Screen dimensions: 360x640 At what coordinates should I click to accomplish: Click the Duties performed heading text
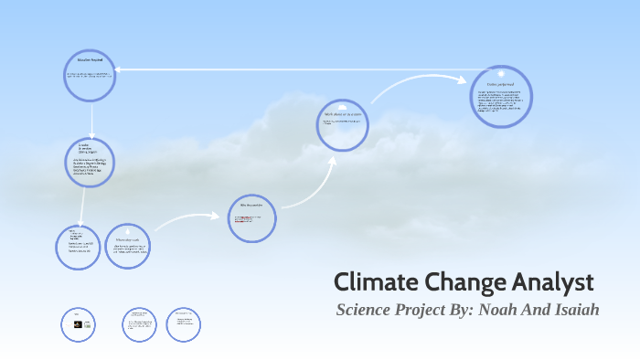point(501,85)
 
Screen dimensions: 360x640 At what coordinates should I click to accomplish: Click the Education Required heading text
point(90,59)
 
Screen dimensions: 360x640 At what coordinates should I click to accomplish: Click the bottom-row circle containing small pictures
point(78,323)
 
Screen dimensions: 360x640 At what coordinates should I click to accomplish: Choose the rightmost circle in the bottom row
point(184,323)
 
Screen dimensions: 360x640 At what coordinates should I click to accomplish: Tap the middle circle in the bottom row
point(138,323)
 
